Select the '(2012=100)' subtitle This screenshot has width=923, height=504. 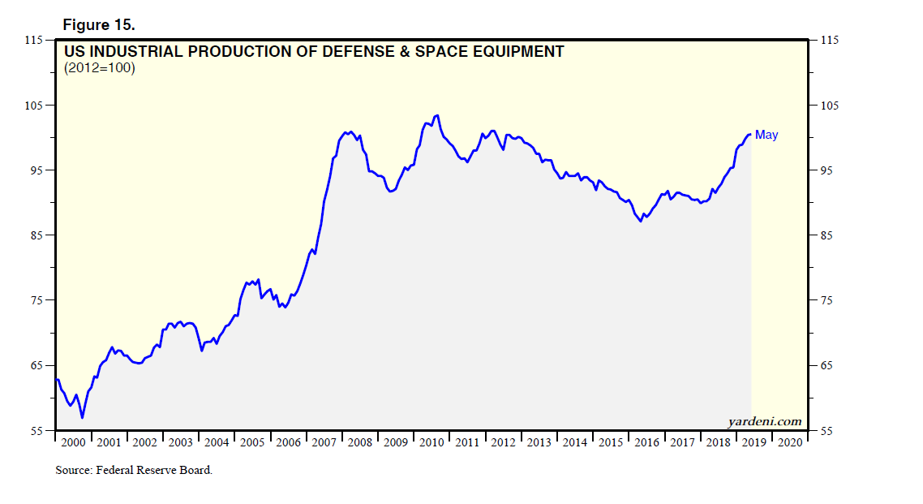(99, 69)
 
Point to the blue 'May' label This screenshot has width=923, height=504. (766, 135)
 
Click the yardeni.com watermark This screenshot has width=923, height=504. (766, 421)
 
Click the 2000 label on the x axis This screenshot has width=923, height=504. (73, 443)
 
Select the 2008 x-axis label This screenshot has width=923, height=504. (360, 443)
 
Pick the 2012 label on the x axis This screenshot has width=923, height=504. (503, 443)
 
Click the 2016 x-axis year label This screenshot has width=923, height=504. (646, 443)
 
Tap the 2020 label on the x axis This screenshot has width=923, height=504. (790, 443)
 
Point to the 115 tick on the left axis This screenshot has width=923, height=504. (34, 40)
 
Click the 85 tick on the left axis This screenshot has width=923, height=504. (36, 235)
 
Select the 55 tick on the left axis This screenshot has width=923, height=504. (36, 430)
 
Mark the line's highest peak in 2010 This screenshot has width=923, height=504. (437, 115)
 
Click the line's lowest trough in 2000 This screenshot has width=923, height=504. (82, 418)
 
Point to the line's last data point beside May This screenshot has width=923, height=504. (750, 135)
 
